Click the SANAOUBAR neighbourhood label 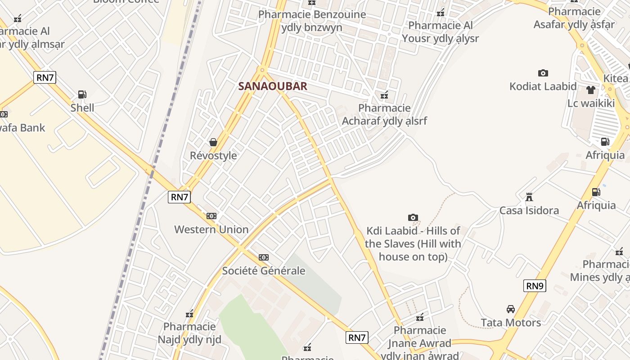pos(273,86)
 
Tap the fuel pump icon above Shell pos(82,94)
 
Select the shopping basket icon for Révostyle pos(213,142)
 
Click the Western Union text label pos(211,229)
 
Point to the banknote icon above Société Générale pos(264,257)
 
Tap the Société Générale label pos(264,271)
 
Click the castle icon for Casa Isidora pos(529,197)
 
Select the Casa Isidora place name pos(529,211)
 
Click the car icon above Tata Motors pos(511,309)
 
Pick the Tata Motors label pos(511,323)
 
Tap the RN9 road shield pos(535,286)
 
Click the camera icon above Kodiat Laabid pos(543,73)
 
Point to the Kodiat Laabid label pos(543,86)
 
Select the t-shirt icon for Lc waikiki pos(591,90)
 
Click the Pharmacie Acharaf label pos(384,114)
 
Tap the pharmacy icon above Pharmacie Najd pos(189,314)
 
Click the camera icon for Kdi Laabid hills pos(413,218)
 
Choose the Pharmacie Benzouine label pos(312,21)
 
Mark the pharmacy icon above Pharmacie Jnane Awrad pos(420,317)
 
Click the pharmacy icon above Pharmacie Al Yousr pos(441,13)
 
